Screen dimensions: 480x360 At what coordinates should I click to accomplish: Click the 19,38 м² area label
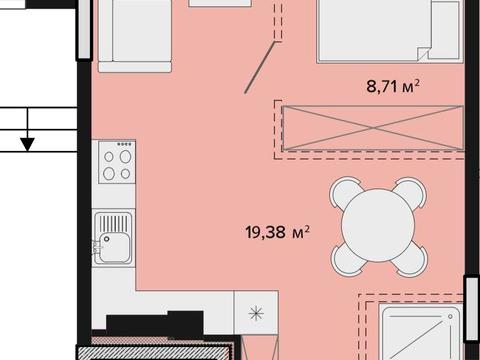[x=277, y=232]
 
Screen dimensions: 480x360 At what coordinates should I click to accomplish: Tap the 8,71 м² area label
[x=393, y=87]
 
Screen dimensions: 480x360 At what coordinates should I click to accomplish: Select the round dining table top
[x=378, y=225]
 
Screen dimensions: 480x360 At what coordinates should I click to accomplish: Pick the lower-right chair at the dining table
[x=412, y=259]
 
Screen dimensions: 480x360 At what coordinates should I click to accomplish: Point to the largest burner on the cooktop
[x=125, y=156]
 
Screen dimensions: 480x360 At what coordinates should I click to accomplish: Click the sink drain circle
[x=107, y=239]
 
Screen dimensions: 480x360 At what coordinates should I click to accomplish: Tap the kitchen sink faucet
[x=97, y=248]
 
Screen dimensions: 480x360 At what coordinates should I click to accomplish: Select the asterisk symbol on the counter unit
[x=256, y=313]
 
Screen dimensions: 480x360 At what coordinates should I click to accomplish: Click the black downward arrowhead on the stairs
[x=28, y=144]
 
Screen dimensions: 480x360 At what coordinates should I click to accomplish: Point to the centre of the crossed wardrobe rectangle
[x=373, y=128]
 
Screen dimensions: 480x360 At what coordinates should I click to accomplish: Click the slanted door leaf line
[x=260, y=67]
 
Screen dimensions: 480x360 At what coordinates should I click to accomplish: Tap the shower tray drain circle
[x=450, y=316]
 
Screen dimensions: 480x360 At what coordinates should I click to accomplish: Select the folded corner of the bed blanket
[x=423, y=54]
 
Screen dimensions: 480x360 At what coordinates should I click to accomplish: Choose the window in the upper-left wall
[x=84, y=29]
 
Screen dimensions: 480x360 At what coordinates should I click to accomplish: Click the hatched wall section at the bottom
[x=154, y=353]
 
